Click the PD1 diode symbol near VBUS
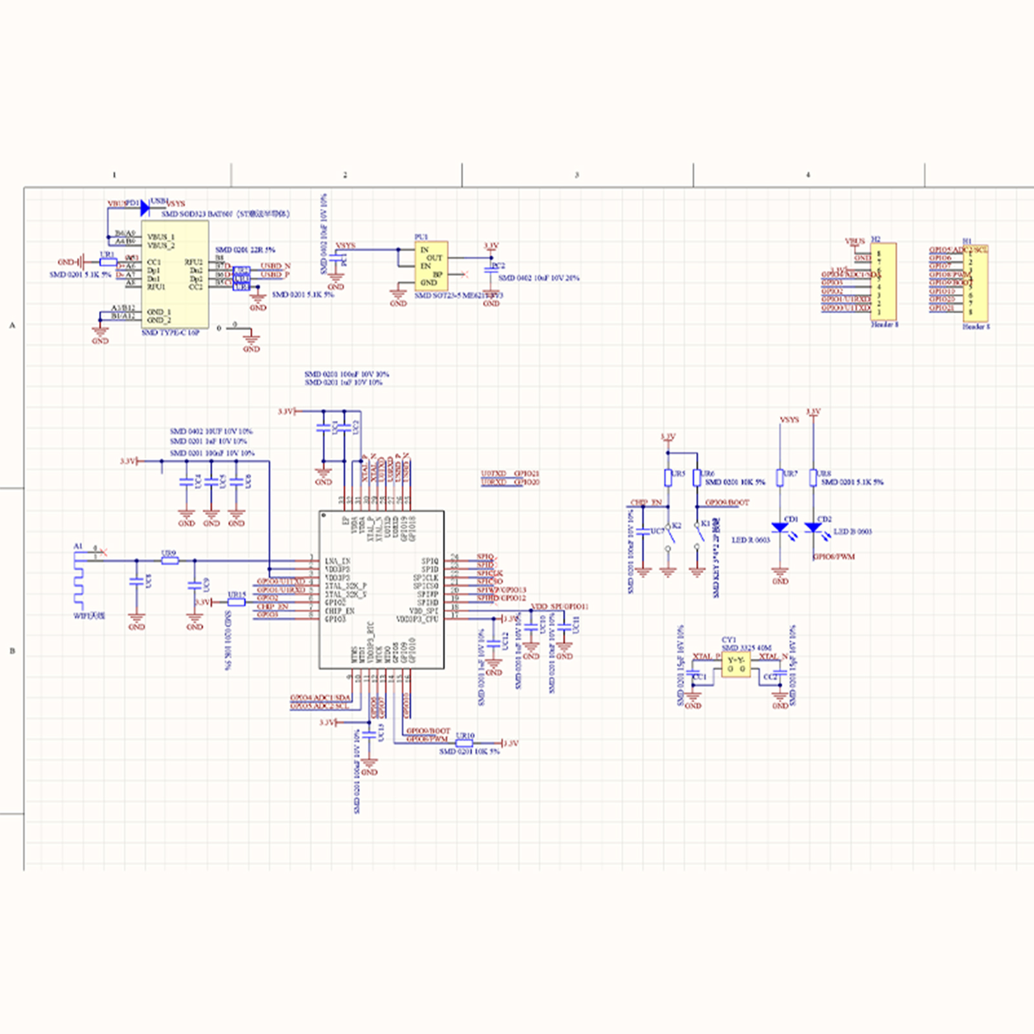click(x=144, y=208)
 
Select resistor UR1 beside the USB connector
click(x=108, y=262)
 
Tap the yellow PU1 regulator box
click(x=431, y=266)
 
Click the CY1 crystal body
click(x=736, y=664)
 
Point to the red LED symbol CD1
click(x=780, y=528)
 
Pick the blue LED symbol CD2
click(x=813, y=528)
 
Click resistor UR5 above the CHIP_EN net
click(x=668, y=478)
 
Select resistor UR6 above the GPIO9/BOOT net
click(x=697, y=478)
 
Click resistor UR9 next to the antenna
click(x=169, y=560)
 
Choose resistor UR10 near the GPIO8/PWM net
click(x=464, y=743)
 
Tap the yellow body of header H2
click(x=883, y=281)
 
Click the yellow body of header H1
click(x=975, y=283)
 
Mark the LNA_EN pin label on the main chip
click(x=337, y=561)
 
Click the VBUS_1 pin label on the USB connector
click(x=160, y=237)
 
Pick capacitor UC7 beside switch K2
click(x=642, y=532)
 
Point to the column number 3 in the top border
click(x=576, y=175)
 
